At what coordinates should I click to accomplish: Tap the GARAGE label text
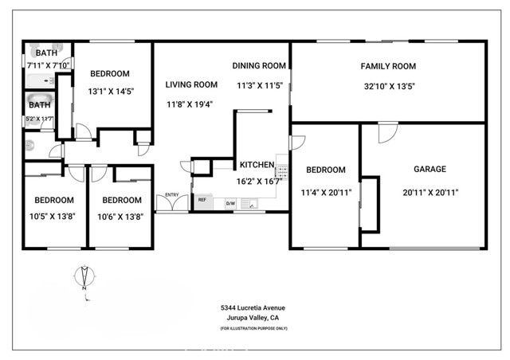click(430, 169)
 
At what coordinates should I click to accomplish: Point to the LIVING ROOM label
click(191, 84)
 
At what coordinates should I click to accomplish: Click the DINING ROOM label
click(259, 66)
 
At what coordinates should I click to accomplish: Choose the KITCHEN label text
click(257, 165)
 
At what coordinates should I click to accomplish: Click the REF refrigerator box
click(202, 200)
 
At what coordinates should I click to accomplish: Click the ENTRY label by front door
click(171, 194)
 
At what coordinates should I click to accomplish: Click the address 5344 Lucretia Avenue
click(253, 307)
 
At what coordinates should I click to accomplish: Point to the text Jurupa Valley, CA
click(253, 318)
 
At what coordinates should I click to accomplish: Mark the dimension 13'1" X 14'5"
click(111, 92)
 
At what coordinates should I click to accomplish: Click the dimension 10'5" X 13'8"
click(53, 217)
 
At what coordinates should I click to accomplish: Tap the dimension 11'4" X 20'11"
click(326, 192)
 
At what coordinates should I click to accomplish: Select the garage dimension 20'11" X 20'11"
click(430, 192)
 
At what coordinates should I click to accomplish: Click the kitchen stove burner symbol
click(281, 169)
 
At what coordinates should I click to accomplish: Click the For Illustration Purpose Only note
click(253, 328)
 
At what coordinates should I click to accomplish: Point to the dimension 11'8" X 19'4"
click(191, 104)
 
